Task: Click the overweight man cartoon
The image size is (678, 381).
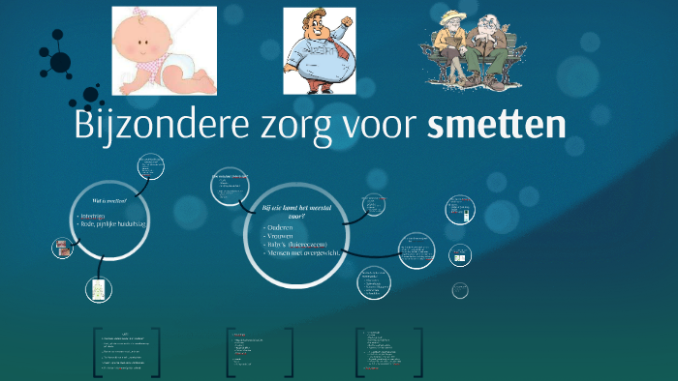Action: click(x=319, y=51)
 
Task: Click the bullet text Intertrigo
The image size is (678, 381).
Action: click(x=98, y=215)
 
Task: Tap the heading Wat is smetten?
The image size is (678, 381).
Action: click(x=108, y=200)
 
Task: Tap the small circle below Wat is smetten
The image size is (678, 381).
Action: click(x=97, y=288)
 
